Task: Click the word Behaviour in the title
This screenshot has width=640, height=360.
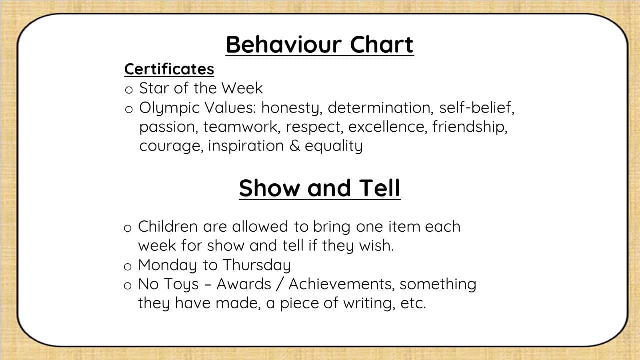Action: coord(283,45)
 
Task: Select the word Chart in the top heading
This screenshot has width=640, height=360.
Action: coord(382,45)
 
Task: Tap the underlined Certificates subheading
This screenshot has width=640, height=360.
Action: coord(169,69)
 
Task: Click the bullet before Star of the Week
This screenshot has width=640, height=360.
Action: coord(129,90)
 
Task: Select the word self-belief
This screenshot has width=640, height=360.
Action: coord(477,108)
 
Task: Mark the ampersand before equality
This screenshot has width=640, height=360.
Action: coord(295,146)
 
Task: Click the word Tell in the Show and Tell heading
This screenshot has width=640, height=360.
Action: coord(379,188)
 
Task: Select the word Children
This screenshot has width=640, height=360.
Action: coord(168,226)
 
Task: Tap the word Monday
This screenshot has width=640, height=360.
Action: coord(167,265)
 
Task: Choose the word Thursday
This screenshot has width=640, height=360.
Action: coord(257,265)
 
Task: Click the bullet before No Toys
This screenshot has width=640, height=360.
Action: coord(128,285)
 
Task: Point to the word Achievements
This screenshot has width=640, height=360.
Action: coord(341,284)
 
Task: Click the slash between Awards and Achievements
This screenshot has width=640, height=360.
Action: coord(280,284)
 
